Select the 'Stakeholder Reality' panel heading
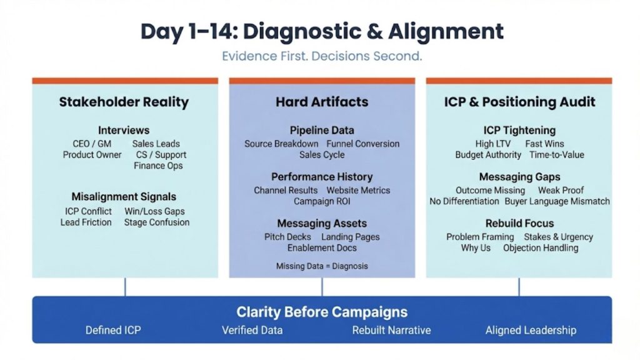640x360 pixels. (x=124, y=102)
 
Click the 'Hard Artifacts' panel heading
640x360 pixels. (x=322, y=102)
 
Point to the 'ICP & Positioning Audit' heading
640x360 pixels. (x=519, y=102)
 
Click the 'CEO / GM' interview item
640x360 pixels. (x=92, y=144)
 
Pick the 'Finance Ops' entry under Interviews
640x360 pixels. (x=157, y=166)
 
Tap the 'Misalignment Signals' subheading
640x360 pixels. (x=124, y=196)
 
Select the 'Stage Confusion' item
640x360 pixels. (x=156, y=222)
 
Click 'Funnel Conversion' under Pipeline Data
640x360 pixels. (x=363, y=144)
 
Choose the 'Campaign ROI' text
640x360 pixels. (x=322, y=201)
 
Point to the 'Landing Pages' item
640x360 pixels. (x=350, y=237)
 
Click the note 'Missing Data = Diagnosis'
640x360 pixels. (x=322, y=266)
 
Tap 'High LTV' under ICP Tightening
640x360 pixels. (x=493, y=144)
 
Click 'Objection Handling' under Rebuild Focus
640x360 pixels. (x=541, y=247)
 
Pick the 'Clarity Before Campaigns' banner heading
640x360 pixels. (x=322, y=312)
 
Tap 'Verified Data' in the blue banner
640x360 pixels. (x=252, y=330)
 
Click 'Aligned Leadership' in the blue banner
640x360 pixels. (x=531, y=330)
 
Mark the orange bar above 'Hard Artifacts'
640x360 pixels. (x=322, y=81)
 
